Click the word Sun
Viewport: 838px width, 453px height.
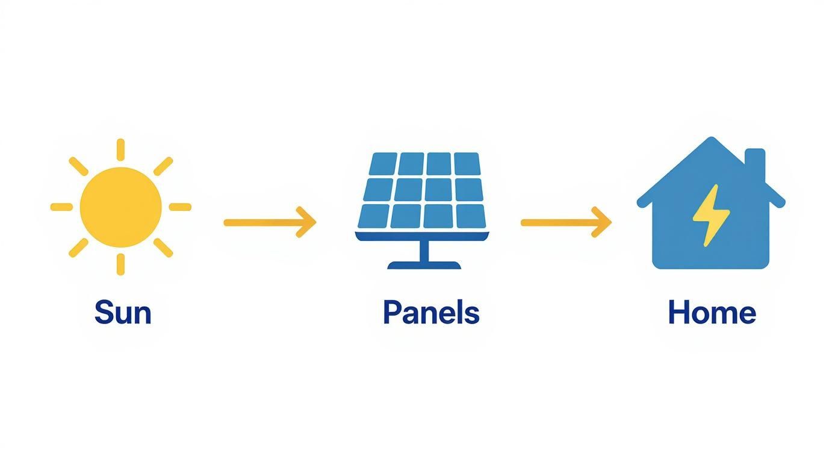(x=122, y=313)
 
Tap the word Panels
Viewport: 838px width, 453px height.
(x=431, y=313)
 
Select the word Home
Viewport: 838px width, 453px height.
(x=712, y=313)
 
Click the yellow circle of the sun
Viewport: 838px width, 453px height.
(x=121, y=207)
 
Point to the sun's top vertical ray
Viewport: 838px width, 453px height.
(x=121, y=149)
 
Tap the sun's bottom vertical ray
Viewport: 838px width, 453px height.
(x=121, y=264)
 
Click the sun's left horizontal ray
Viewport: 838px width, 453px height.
(x=61, y=207)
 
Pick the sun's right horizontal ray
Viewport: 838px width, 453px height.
(x=180, y=207)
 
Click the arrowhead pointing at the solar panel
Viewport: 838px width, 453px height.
(x=308, y=222)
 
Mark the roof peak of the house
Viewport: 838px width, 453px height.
(x=712, y=143)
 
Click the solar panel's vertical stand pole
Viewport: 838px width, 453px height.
(x=424, y=251)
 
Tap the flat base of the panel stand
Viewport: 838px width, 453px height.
(x=424, y=265)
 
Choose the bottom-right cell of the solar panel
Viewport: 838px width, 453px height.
(x=471, y=215)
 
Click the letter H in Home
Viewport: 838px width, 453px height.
(x=678, y=313)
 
